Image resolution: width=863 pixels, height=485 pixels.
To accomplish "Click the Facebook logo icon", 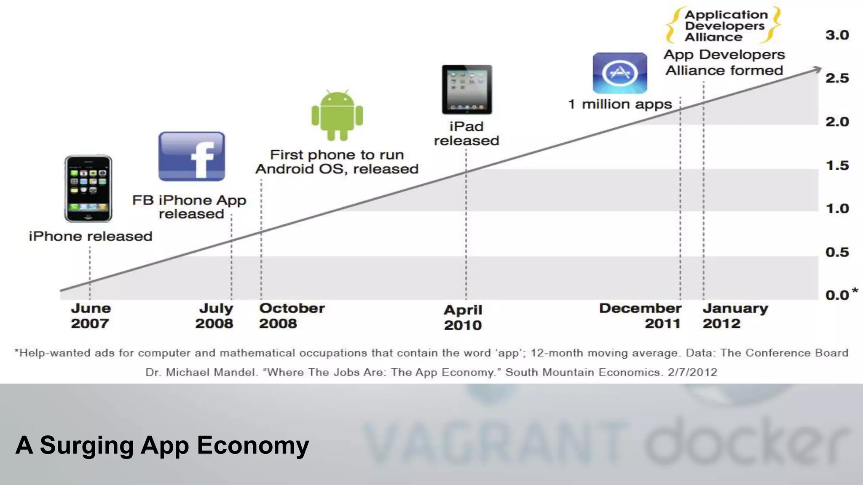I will click(x=192, y=157).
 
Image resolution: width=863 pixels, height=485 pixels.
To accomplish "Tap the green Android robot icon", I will click(x=337, y=115).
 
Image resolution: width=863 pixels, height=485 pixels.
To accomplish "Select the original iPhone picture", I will click(x=88, y=188).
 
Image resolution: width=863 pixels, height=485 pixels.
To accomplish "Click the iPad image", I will click(x=467, y=89).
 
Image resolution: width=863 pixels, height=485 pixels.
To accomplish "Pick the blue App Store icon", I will click(x=620, y=73).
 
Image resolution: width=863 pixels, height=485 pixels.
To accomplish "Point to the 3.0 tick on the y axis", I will click(x=837, y=35).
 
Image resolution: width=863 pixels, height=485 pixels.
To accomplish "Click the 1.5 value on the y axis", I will click(x=837, y=165).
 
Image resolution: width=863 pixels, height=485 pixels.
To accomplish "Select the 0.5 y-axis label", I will click(x=837, y=252).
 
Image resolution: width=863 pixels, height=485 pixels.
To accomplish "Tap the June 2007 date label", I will click(x=90, y=316).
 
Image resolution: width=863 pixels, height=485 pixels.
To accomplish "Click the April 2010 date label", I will click(x=463, y=317).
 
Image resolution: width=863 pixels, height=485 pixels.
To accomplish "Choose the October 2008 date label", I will click(x=292, y=316).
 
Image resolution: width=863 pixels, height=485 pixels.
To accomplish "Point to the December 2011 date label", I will click(x=640, y=316).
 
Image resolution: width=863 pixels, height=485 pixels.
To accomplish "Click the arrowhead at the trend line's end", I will click(x=817, y=69).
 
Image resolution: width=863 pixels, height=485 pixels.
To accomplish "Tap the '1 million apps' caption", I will click(x=620, y=104).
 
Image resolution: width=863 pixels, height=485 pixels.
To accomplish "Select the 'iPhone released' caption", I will click(x=91, y=236).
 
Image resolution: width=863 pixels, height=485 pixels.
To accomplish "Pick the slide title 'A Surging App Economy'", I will click(x=162, y=445).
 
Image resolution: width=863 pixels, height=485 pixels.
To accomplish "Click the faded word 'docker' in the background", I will click(x=746, y=442).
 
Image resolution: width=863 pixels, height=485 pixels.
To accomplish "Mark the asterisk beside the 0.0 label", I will click(x=855, y=290).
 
